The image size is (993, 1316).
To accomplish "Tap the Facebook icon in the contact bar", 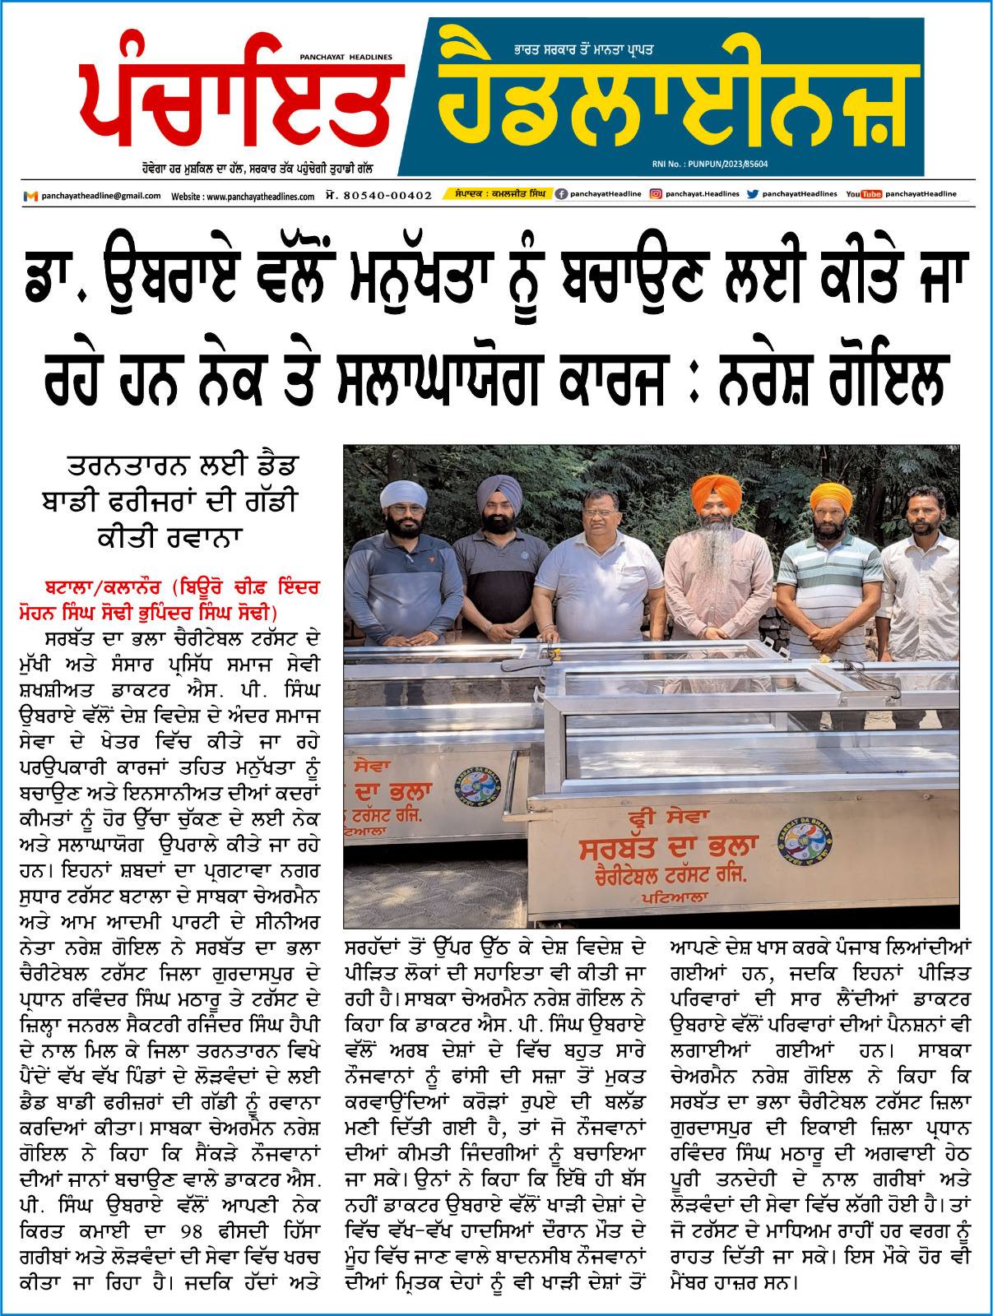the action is tap(561, 194).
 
